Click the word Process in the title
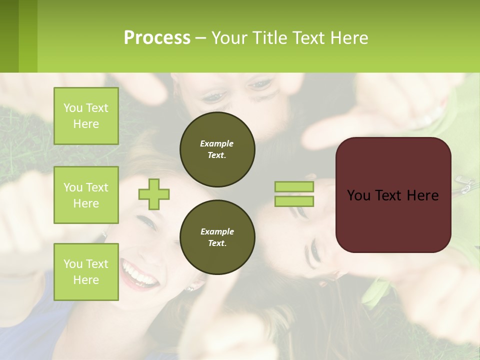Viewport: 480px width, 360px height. click(x=157, y=38)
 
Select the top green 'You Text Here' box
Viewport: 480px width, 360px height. click(x=86, y=116)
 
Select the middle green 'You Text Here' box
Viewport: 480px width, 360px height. click(x=86, y=195)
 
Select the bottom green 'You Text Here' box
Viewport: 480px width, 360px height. click(x=86, y=271)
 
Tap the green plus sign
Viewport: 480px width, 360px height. click(x=154, y=194)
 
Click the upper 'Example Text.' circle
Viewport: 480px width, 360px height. click(x=217, y=149)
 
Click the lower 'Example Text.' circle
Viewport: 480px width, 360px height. click(x=217, y=237)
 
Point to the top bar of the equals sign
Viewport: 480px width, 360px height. click(x=294, y=187)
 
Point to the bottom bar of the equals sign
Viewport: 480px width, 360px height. click(x=294, y=201)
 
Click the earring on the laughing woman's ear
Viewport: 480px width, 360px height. click(x=190, y=288)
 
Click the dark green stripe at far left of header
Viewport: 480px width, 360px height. click(x=9, y=36)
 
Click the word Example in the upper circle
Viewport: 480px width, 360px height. click(x=216, y=143)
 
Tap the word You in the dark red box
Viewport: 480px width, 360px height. click(x=358, y=195)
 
